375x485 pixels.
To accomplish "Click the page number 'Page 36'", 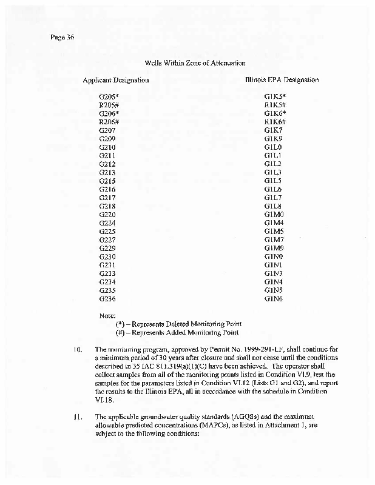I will tap(62, 37).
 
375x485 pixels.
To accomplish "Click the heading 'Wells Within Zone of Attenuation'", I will tap(194, 62).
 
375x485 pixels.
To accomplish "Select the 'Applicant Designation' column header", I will tap(115, 79).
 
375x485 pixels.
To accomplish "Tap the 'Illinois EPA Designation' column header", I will tap(282, 79).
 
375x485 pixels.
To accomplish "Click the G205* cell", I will tap(108, 96).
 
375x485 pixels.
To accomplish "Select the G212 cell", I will tap(107, 164).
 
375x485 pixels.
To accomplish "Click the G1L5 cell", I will tap(274, 181).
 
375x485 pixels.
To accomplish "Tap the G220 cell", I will tap(107, 215).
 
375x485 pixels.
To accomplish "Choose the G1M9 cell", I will tap(274, 249).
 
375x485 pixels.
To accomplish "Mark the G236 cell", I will tap(107, 299).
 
